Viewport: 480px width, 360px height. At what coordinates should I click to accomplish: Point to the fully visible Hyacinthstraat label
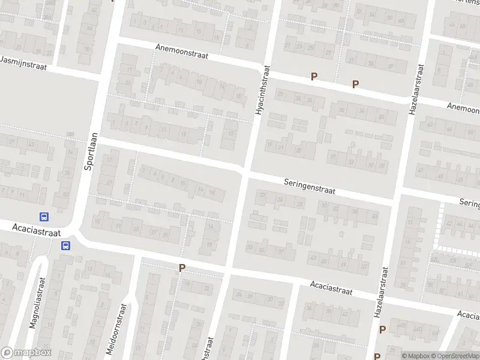[x=262, y=90]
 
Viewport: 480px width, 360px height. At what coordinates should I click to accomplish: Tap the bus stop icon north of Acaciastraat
[x=44, y=217]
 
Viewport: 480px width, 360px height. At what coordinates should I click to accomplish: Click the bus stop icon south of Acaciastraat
[x=65, y=245]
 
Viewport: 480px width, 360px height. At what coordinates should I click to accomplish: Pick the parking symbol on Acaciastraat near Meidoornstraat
[x=181, y=268]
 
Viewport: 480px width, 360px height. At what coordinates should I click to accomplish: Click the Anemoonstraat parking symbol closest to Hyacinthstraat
[x=313, y=76]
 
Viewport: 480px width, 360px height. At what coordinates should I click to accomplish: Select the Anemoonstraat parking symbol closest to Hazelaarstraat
[x=355, y=85]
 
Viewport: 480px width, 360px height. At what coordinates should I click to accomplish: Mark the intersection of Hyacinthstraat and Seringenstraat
[x=245, y=171]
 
